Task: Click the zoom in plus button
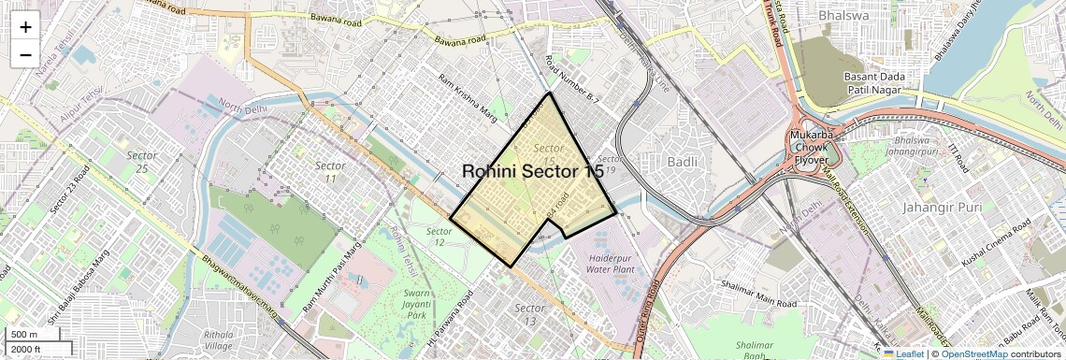click(x=25, y=26)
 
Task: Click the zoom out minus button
click(x=25, y=54)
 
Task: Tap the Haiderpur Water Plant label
click(x=611, y=263)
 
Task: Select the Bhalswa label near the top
click(x=843, y=15)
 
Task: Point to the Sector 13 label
click(x=530, y=314)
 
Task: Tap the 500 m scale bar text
click(x=24, y=335)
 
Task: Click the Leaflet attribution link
click(x=902, y=353)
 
